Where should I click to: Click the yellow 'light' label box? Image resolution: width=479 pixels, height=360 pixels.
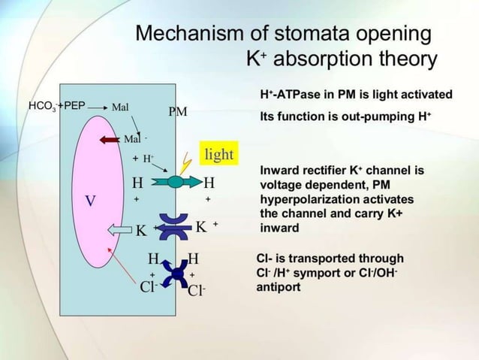218,155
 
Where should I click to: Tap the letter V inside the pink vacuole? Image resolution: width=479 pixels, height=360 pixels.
89,201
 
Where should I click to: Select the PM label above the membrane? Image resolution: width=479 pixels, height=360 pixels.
178,112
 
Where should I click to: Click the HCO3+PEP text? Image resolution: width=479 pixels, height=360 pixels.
57,106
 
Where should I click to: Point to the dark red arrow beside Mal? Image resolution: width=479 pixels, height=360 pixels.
109,140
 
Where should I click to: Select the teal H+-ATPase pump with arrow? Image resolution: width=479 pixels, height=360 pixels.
176,182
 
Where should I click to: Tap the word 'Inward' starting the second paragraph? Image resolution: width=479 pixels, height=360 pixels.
279,171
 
